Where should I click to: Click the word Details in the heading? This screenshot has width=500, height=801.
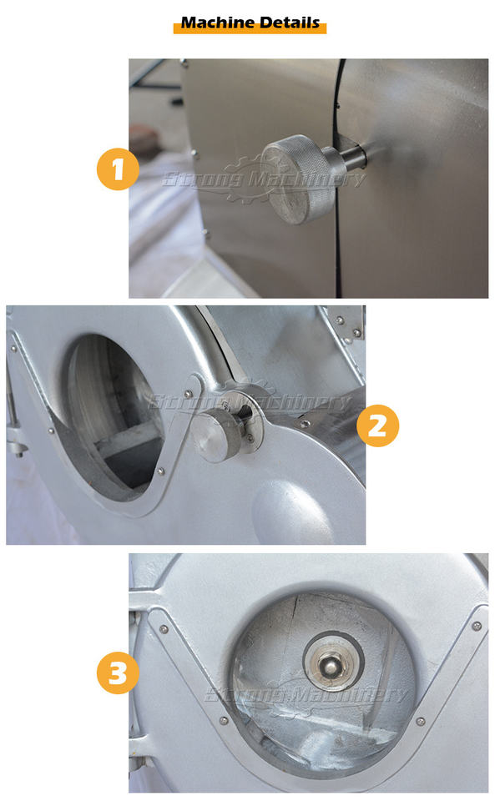pos(289,23)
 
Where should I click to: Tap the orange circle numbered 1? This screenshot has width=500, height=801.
pos(118,169)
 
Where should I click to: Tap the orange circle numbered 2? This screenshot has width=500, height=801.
pos(378,426)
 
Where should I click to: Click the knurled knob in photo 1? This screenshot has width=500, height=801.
pos(299,179)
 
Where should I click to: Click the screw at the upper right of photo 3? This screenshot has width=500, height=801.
pos(477,625)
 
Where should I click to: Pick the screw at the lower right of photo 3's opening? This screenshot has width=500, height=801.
pos(421,721)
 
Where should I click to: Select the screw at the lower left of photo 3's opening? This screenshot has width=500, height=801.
pos(224,721)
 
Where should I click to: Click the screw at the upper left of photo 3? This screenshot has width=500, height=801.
pos(164,629)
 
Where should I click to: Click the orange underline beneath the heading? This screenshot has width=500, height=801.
pos(250,31)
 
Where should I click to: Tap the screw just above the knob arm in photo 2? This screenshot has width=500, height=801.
pos(188,394)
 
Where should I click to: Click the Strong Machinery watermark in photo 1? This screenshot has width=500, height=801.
pos(264,179)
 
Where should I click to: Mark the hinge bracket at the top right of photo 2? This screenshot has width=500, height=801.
pos(348,322)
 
